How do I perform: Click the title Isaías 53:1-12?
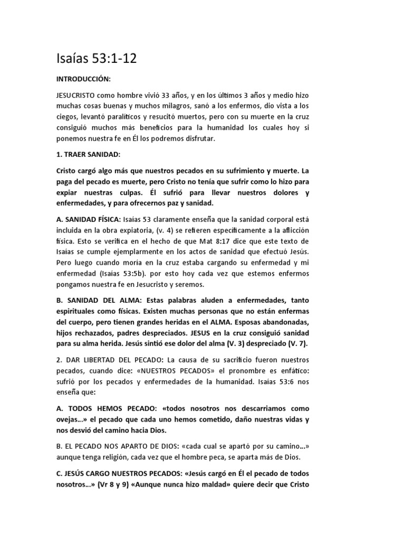point(96,59)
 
